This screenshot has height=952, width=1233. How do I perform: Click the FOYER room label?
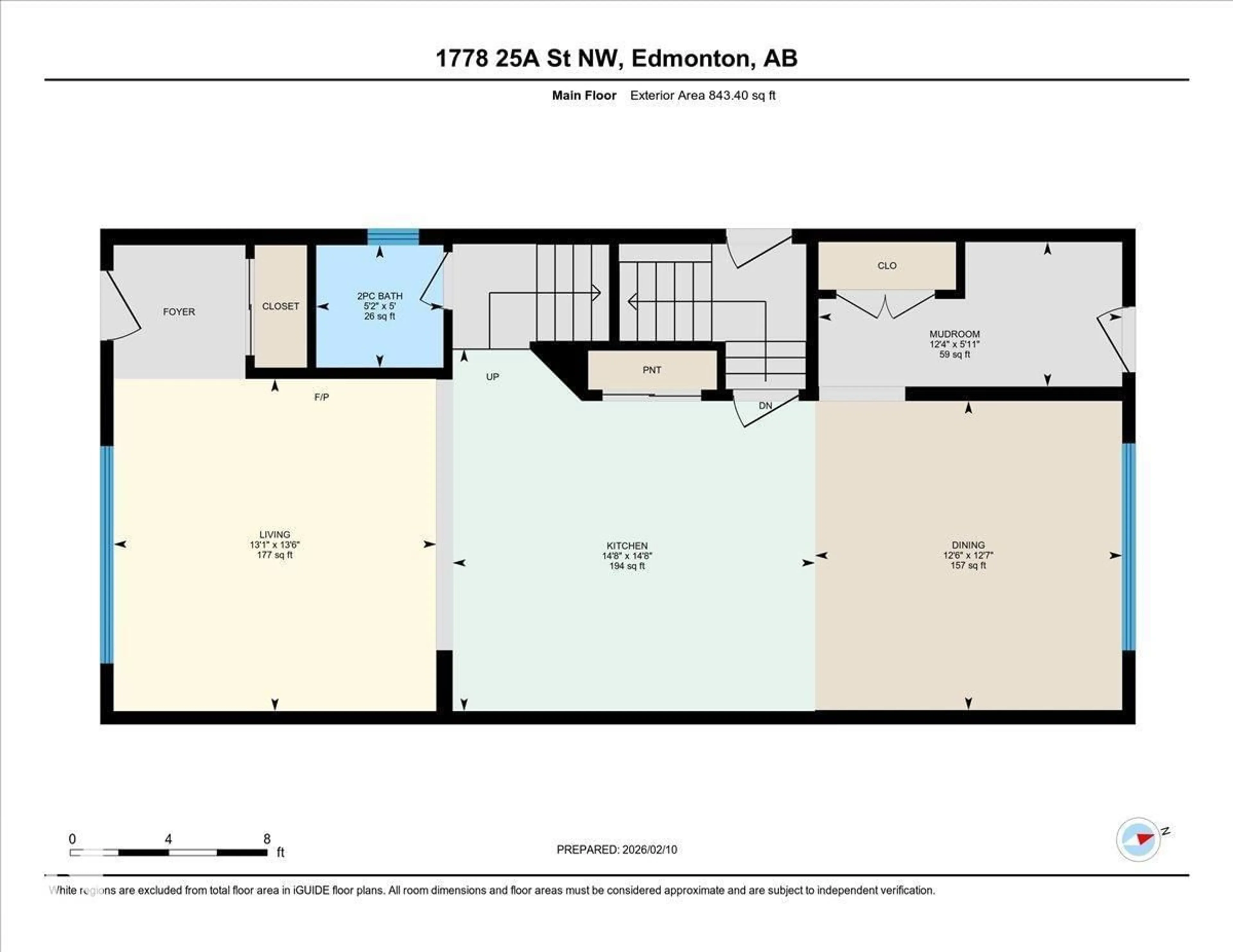[179, 311]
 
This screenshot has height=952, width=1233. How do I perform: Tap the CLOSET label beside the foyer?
[281, 306]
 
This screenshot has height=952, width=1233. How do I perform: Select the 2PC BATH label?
[380, 296]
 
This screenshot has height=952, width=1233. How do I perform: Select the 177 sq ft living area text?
[275, 555]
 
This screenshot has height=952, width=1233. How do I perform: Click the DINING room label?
[968, 545]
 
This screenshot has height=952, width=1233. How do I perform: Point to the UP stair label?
[492, 376]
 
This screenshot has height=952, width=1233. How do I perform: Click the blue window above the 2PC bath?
[393, 237]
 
